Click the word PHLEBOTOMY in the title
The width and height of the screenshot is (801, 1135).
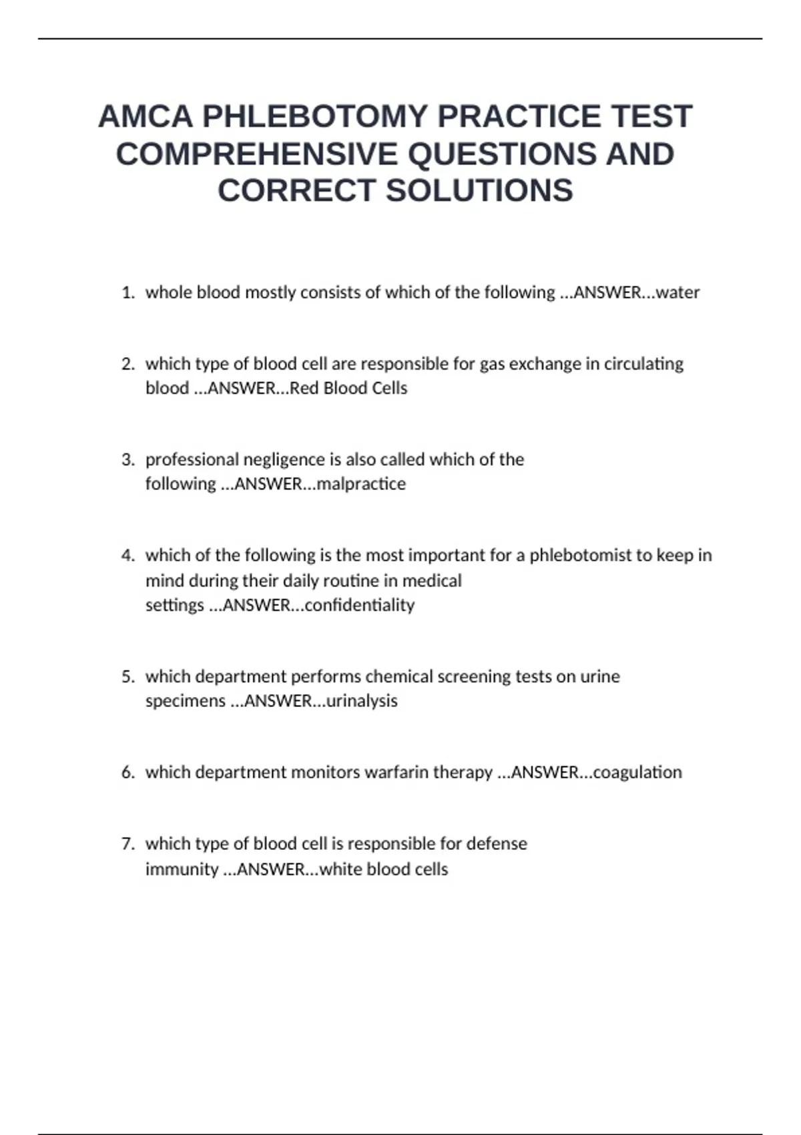tap(315, 117)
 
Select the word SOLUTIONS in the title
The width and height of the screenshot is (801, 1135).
tap(479, 191)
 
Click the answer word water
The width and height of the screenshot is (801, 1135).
tap(678, 292)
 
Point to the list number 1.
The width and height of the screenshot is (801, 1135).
tap(127, 292)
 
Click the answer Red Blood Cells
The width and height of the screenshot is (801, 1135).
tap(348, 388)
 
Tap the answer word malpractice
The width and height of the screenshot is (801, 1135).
tap(361, 483)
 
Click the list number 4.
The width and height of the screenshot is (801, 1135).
tap(127, 555)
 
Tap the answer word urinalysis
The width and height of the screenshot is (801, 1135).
tap(362, 701)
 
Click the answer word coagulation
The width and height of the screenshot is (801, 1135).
tap(637, 772)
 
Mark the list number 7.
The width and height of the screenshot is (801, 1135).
tap(127, 844)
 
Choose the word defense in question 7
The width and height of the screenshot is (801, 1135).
tap(497, 844)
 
